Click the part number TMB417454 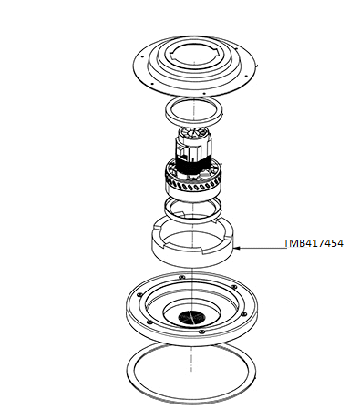pos(314,243)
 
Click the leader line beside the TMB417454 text pos(261,248)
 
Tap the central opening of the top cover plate pos(193,56)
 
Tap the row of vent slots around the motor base pos(194,186)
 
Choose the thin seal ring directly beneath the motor pos(192,210)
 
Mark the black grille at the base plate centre pos(191,318)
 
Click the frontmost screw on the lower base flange pos(201,332)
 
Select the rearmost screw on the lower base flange pos(182,277)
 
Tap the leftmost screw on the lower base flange pos(139,294)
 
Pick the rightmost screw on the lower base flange pos(243,313)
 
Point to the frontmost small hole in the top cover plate pos(204,93)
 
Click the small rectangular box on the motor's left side pos(180,151)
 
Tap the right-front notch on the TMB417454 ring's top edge pos(202,251)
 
